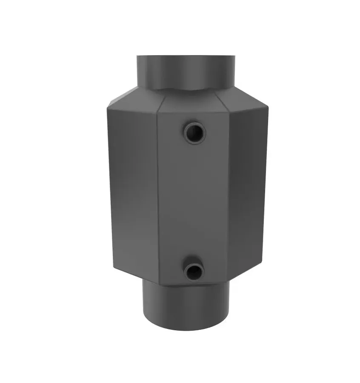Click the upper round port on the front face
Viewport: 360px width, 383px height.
[195, 133]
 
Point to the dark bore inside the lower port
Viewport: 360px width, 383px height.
[194, 271]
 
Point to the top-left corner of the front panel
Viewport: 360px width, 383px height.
[158, 114]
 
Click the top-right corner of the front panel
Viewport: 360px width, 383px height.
[229, 112]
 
